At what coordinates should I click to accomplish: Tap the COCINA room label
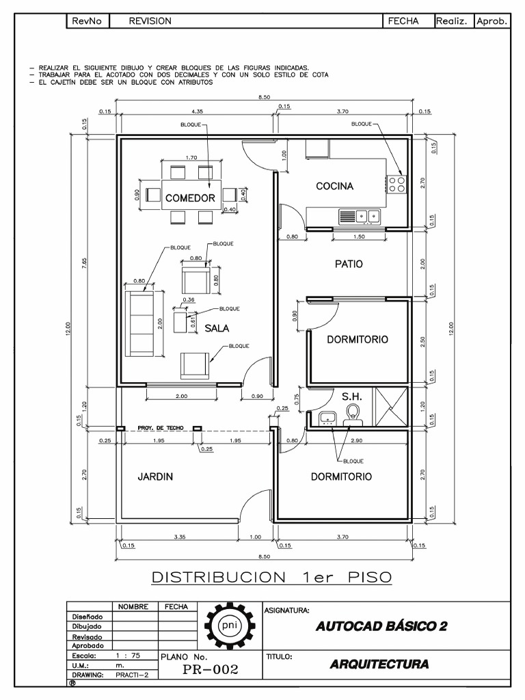[x=334, y=187]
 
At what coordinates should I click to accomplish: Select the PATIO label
[x=349, y=264]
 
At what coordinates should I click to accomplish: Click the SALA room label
[x=217, y=328]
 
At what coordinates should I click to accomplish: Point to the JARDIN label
[x=155, y=476]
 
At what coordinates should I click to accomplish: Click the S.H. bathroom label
[x=352, y=396]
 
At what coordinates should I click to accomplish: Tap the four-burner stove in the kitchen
[x=397, y=183]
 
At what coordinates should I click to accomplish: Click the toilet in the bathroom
[x=353, y=414]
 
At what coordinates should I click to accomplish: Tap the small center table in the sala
[x=182, y=321]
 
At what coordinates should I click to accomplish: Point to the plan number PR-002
[x=211, y=670]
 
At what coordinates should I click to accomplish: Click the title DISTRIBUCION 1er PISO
[x=271, y=577]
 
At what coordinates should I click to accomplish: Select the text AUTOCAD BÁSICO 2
[x=381, y=626]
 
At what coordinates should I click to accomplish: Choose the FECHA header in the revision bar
[x=403, y=21]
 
